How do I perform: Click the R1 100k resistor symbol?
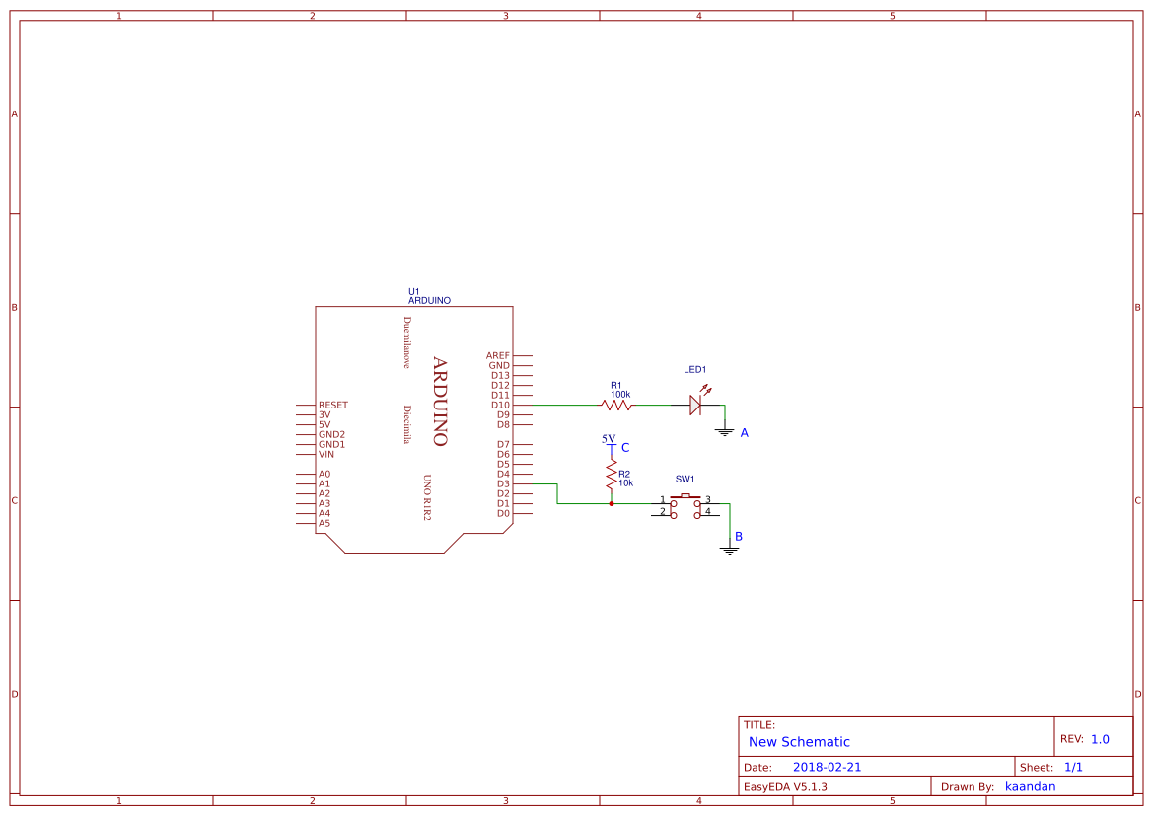click(616, 405)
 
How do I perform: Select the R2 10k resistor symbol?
click(612, 474)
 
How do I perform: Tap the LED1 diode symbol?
click(694, 405)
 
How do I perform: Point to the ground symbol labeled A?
click(725, 431)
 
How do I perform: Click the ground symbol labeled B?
click(730, 548)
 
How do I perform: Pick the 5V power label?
click(609, 439)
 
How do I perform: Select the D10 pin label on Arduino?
click(500, 405)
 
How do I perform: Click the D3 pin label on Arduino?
click(503, 483)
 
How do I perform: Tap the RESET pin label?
click(332, 405)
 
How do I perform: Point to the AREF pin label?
click(498, 355)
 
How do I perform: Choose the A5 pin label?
click(324, 523)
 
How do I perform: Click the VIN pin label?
click(325, 454)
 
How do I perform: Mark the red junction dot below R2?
click(612, 503)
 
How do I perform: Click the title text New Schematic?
click(799, 742)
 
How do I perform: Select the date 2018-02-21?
click(827, 767)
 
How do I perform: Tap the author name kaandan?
click(1030, 786)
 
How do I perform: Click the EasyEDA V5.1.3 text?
click(785, 786)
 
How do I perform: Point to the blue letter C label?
click(625, 448)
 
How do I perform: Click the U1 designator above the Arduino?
click(414, 291)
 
